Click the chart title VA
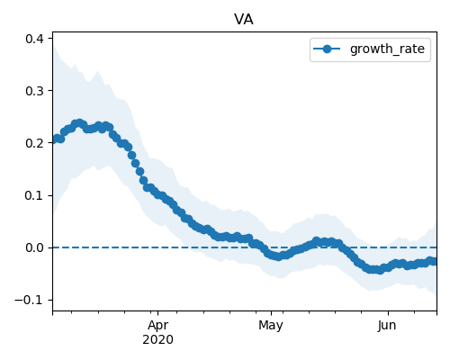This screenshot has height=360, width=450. click(244, 20)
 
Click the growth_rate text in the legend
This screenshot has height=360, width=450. click(387, 49)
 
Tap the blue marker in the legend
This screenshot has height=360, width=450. click(327, 49)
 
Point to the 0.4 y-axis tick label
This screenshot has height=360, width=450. click(34, 39)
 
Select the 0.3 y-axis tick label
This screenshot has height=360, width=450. click(34, 91)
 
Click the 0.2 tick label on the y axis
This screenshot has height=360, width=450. click(34, 143)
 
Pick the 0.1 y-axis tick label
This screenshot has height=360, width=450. click(34, 195)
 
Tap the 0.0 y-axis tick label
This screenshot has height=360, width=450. click(34, 247)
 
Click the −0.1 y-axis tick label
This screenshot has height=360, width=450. click(29, 300)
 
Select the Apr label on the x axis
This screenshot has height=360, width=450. click(157, 325)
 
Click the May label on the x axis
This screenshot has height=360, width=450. click(271, 325)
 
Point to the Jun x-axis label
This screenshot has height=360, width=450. click(387, 325)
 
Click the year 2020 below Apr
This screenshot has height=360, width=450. click(157, 339)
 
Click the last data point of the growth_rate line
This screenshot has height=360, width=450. click(433, 262)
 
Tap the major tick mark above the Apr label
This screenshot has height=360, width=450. click(157, 313)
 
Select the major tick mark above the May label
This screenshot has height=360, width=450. click(271, 313)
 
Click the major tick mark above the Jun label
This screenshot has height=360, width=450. click(388, 313)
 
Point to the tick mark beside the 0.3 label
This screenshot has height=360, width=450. click(50, 91)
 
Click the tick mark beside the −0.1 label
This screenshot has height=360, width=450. click(50, 300)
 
